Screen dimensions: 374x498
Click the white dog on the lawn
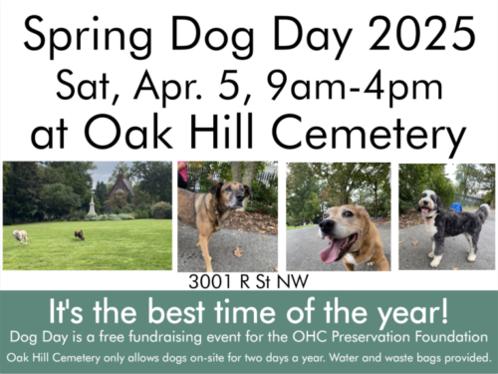tap(20, 236)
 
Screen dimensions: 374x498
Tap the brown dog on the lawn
tap(78, 234)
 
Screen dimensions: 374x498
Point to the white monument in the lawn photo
tap(92, 203)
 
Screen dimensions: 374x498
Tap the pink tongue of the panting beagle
tap(330, 248)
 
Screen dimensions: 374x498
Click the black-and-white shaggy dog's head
tap(429, 204)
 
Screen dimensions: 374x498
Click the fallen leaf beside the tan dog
tap(238, 250)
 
